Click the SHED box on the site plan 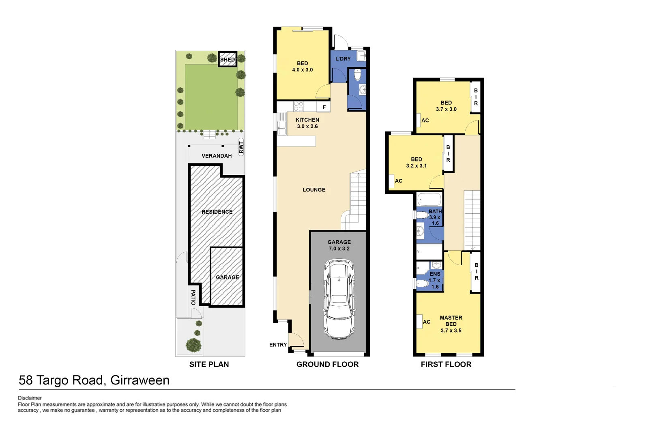(x=227, y=59)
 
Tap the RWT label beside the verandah (x=241, y=147)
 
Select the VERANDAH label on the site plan (x=217, y=156)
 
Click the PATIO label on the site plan (x=193, y=297)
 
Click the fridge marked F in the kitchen (x=324, y=107)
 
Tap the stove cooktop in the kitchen (x=298, y=106)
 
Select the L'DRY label (x=343, y=59)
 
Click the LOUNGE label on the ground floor (x=314, y=190)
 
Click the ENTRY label (x=278, y=345)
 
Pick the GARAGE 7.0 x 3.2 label (x=339, y=245)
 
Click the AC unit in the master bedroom (x=420, y=322)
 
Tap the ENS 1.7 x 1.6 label (x=435, y=280)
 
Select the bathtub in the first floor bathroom (x=429, y=200)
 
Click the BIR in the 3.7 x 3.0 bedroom (x=476, y=97)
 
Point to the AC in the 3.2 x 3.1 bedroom (x=392, y=181)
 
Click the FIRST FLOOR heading (x=446, y=364)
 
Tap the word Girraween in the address (x=140, y=380)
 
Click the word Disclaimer (x=30, y=398)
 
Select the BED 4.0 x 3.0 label (x=303, y=67)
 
